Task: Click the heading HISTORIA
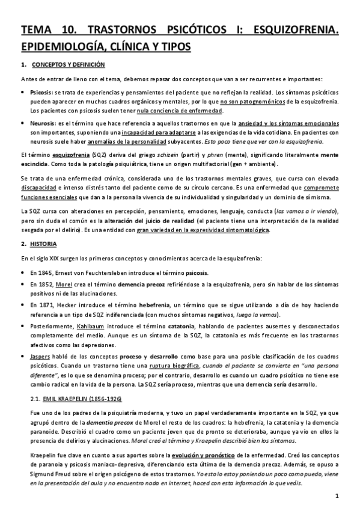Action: (x=45, y=244)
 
